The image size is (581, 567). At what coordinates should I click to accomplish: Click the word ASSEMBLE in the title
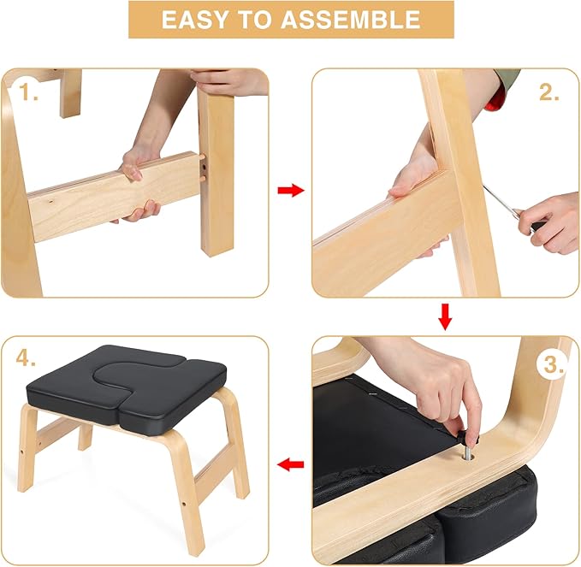tap(350, 20)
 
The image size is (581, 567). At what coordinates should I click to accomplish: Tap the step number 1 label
tap(28, 92)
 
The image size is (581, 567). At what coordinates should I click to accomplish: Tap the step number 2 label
tap(548, 92)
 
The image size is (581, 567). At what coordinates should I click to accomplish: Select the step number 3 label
tap(554, 364)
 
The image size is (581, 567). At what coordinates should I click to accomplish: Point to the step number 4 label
tap(26, 357)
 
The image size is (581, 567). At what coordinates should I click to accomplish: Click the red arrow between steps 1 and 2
tap(291, 191)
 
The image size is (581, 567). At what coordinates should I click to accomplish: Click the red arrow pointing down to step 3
tap(445, 317)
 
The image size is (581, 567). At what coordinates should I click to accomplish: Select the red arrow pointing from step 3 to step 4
tap(291, 464)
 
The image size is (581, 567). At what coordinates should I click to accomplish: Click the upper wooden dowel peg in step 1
tap(202, 157)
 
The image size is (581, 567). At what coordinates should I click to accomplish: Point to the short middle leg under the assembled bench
tap(86, 436)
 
